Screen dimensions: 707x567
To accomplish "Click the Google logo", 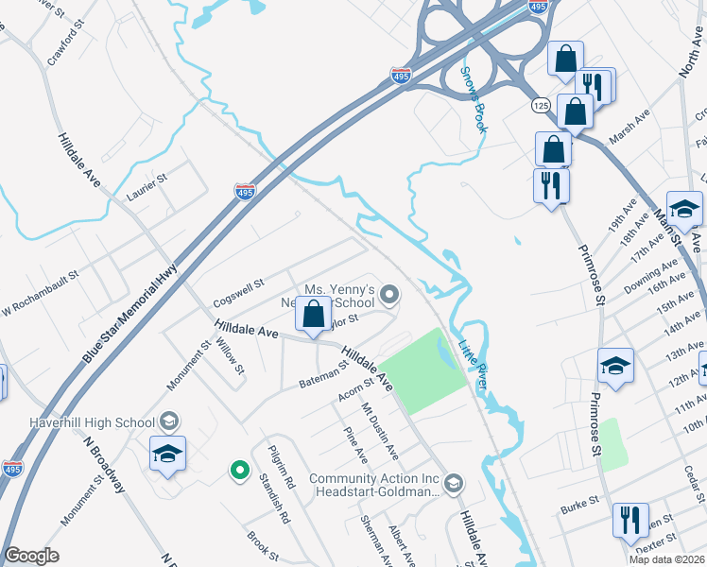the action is pos(31,556).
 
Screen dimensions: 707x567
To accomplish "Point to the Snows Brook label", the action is pos(473,98).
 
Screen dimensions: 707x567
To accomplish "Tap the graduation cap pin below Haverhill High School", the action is pos(167,455).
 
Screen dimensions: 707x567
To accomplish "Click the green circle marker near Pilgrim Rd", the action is pos(240,468).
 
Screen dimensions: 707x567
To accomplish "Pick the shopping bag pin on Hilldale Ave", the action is pos(315,315).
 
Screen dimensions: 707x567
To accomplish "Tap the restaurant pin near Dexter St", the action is pos(630,521).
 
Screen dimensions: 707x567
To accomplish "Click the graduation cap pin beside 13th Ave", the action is pos(615,367).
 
